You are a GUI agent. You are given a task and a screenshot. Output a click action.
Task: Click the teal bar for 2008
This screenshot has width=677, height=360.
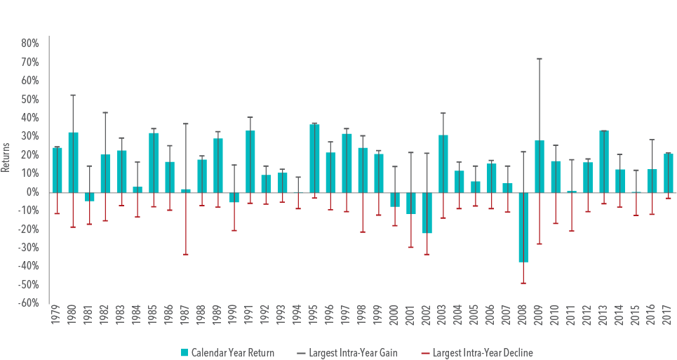click(523, 227)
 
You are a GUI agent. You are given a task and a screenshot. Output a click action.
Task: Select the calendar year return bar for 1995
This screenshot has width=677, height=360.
click(314, 158)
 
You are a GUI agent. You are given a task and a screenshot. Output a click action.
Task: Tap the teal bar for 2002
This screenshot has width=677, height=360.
click(427, 213)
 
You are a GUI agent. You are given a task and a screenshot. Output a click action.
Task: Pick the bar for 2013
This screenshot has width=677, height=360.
click(603, 161)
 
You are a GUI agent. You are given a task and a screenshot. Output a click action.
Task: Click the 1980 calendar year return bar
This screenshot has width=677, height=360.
click(73, 162)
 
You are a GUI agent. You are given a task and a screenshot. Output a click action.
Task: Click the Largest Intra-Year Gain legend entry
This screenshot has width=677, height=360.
click(353, 352)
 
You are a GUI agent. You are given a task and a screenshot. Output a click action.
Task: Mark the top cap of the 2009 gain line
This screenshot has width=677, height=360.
click(539, 59)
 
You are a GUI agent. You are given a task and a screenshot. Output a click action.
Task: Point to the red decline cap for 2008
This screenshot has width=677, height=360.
click(523, 283)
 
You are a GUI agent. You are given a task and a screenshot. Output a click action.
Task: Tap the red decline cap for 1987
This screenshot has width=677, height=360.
click(185, 254)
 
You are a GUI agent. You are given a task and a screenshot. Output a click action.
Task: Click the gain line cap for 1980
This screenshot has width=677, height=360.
click(73, 95)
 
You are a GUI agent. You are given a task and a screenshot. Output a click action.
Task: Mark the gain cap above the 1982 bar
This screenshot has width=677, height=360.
click(105, 112)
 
